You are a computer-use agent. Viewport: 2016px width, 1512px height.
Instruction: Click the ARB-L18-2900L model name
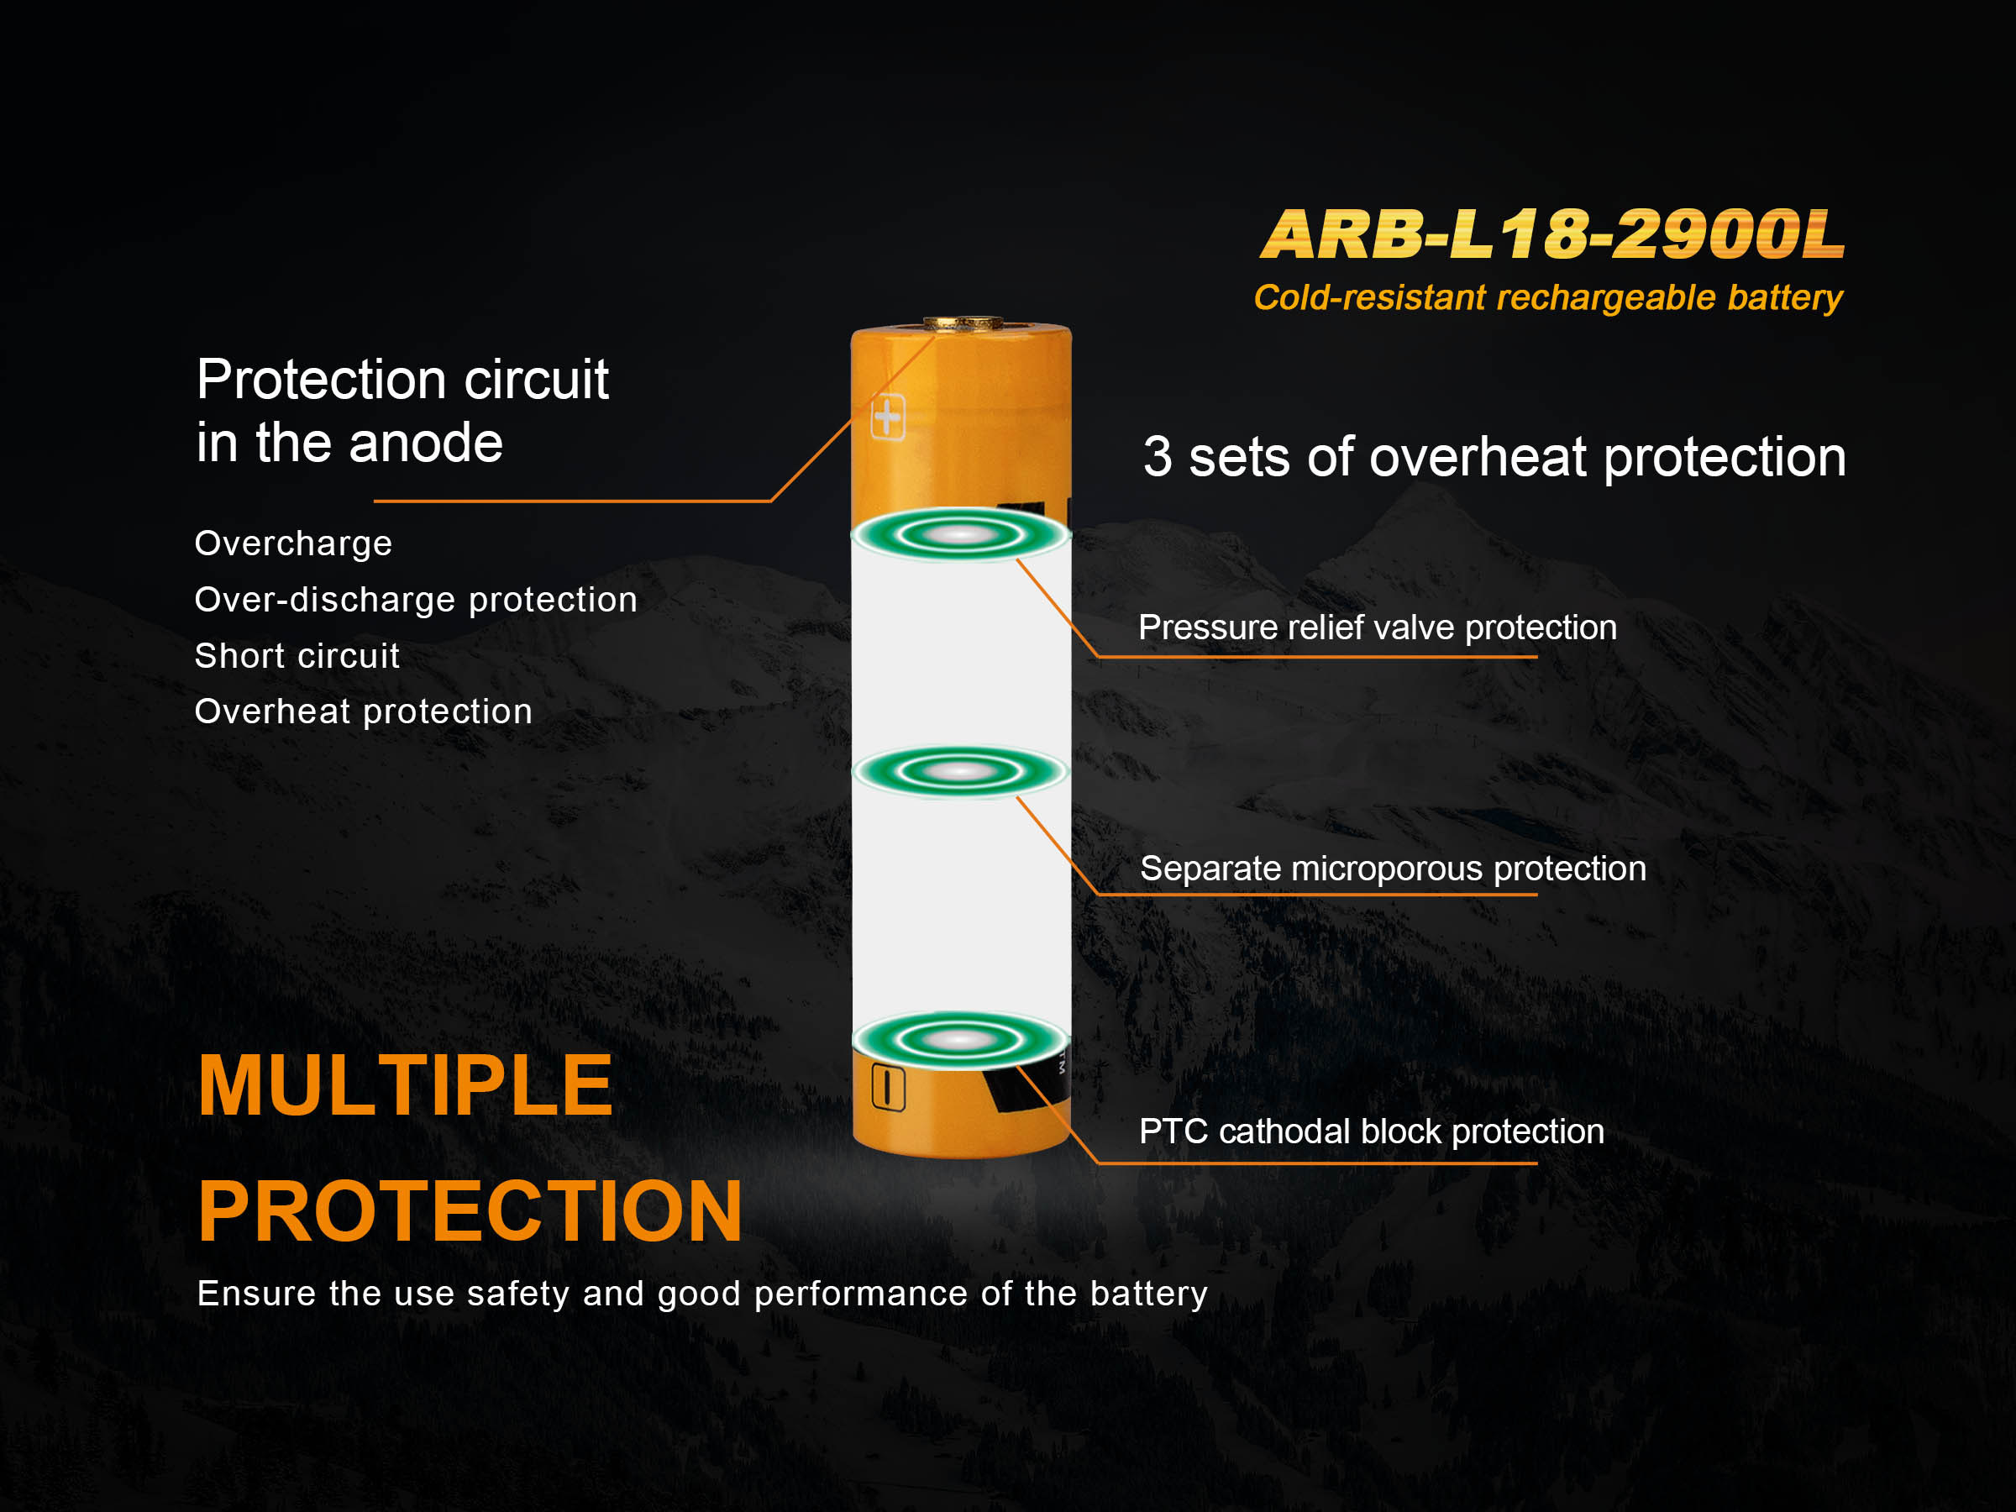[1553, 234]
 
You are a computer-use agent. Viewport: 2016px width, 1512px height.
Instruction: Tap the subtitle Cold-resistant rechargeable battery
[1547, 298]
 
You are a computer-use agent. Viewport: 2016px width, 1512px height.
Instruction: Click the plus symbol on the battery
[888, 417]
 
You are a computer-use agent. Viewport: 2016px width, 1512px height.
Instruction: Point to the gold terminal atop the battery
[963, 323]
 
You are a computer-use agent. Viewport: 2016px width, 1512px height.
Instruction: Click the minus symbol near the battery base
[888, 1086]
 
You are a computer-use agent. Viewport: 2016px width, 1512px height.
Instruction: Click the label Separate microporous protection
[1393, 869]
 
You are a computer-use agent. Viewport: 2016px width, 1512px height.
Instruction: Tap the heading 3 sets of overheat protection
[1494, 457]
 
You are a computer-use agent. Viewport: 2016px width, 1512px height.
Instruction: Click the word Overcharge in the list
[293, 544]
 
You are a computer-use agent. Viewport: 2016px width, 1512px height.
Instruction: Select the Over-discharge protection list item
[416, 600]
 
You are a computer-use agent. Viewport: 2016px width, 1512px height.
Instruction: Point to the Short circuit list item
[297, 656]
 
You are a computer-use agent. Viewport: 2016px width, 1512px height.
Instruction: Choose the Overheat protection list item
[364, 711]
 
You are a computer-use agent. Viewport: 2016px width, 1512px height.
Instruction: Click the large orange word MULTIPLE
[406, 1085]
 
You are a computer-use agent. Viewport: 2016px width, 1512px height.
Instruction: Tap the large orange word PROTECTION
[470, 1211]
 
